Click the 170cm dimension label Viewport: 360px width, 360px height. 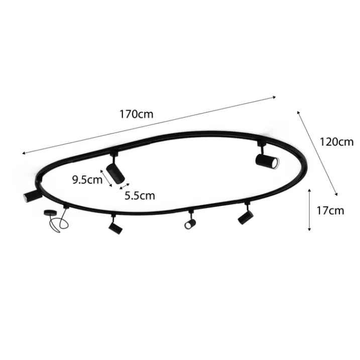[x=137, y=114]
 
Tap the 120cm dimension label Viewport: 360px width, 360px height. [x=336, y=142]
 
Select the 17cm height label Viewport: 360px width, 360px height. [x=330, y=210]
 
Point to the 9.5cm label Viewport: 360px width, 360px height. [x=87, y=180]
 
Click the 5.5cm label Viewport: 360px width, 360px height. [x=140, y=196]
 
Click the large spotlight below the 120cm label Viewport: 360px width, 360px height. [x=267, y=161]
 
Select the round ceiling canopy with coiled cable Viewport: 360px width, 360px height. [x=49, y=212]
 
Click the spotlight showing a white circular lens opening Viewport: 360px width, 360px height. [x=190, y=223]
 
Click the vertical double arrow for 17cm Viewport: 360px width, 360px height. [x=309, y=209]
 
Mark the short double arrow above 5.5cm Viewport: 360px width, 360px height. [x=125, y=186]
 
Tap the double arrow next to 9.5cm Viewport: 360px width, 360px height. [x=106, y=178]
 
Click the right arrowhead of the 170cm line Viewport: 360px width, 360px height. [x=274, y=97]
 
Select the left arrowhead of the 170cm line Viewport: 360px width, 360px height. [x=24, y=153]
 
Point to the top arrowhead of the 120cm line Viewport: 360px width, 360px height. [x=298, y=112]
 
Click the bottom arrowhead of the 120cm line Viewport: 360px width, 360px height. [x=336, y=194]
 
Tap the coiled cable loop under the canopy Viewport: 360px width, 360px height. [x=58, y=224]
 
